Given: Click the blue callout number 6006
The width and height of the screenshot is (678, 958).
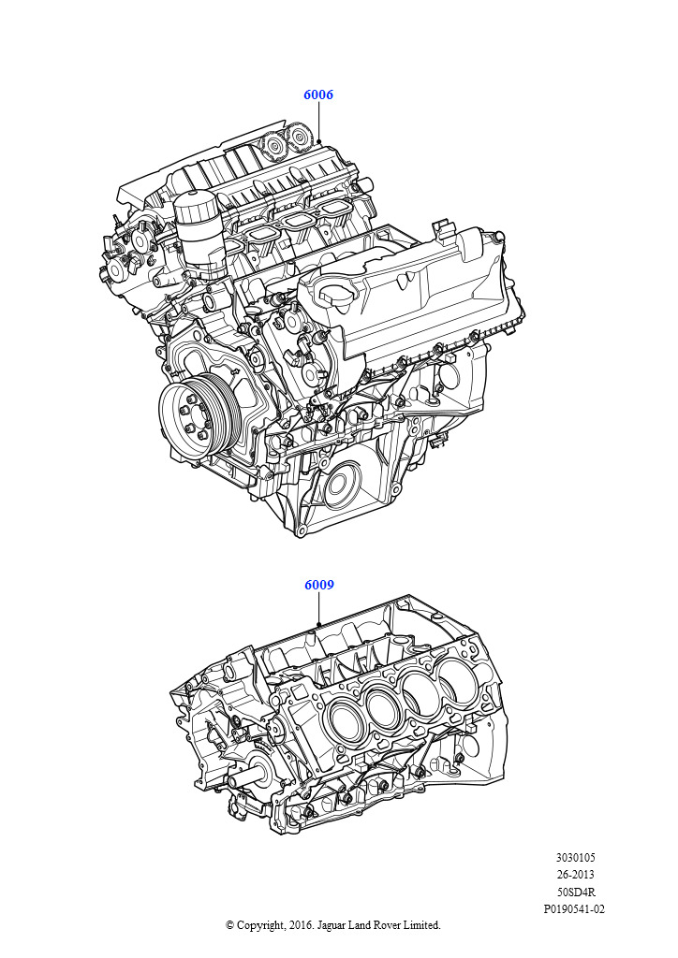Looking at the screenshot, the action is [x=318, y=94].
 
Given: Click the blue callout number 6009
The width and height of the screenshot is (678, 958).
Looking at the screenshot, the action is [x=319, y=585].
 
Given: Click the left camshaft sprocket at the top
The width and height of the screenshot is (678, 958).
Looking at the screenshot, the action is [x=273, y=145].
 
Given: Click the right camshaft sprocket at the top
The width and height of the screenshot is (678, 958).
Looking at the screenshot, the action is [x=299, y=137].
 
